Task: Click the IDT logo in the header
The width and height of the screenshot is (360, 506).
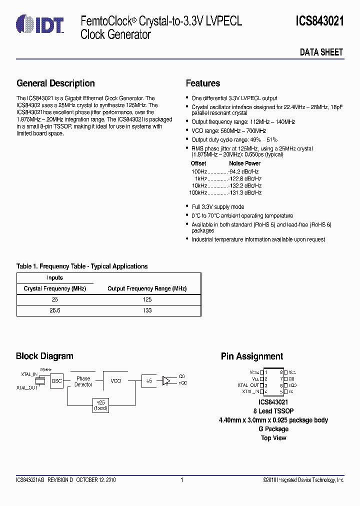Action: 40,23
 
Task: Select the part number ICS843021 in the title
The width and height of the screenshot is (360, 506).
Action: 319,21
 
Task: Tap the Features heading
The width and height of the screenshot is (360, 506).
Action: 202,83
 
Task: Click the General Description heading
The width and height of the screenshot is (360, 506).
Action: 55,83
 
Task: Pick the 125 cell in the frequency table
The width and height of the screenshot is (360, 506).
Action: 146,299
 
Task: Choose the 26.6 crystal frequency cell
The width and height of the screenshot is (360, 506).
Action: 54,310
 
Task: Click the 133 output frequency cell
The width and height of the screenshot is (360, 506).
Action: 146,310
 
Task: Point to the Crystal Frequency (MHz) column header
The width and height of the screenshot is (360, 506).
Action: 54,288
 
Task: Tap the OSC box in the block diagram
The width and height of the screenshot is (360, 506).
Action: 57,381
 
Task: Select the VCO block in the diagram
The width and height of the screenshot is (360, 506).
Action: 115,381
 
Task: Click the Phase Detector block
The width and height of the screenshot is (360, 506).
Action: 83,381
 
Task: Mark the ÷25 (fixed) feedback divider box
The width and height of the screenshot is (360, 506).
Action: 100,405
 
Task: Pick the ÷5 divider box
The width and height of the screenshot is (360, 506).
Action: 148,381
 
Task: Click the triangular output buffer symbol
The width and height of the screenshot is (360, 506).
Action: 166,381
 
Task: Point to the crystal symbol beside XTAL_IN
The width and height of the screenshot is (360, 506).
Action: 42,380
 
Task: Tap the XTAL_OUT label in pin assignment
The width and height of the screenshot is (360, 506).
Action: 248,385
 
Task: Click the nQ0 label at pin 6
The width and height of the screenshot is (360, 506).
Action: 292,385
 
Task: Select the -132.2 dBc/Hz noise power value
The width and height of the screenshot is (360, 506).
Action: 245,185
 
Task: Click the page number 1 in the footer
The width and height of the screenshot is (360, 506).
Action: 181,480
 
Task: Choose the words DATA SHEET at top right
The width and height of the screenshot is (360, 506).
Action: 321,52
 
